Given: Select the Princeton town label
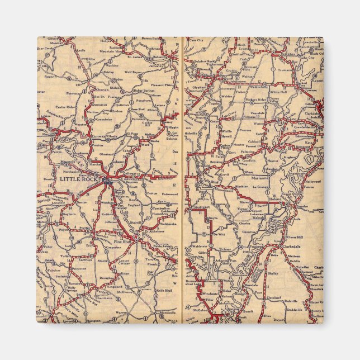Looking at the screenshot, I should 79,268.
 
